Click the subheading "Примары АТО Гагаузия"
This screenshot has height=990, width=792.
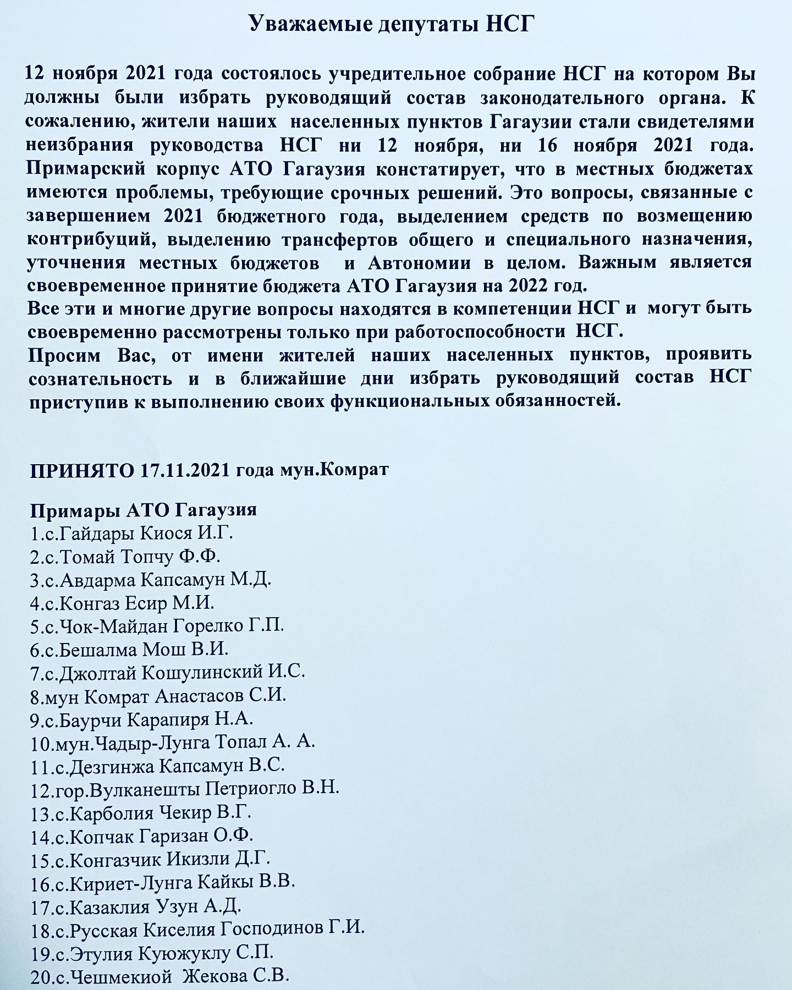click(x=143, y=510)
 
